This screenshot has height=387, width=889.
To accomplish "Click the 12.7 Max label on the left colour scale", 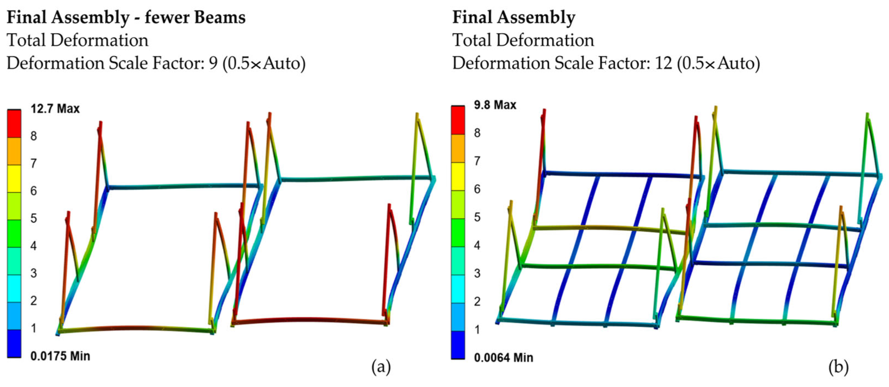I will (55, 109).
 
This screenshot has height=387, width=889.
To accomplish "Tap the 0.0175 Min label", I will (60, 356).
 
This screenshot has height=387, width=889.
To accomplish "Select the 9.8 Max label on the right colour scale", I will (495, 105).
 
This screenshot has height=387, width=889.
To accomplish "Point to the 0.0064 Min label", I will (504, 358).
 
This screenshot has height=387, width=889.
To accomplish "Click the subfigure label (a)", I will (381, 367).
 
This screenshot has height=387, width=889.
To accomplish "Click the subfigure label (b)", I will (838, 367).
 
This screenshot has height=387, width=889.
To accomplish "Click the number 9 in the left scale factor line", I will (213, 63).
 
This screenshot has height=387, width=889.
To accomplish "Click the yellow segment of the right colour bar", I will (458, 176).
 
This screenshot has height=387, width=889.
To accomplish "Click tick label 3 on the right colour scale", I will (477, 273).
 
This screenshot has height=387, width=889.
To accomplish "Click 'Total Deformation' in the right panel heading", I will (523, 40).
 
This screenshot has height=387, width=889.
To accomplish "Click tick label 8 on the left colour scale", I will (34, 136).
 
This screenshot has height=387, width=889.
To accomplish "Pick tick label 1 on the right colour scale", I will (477, 330).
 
